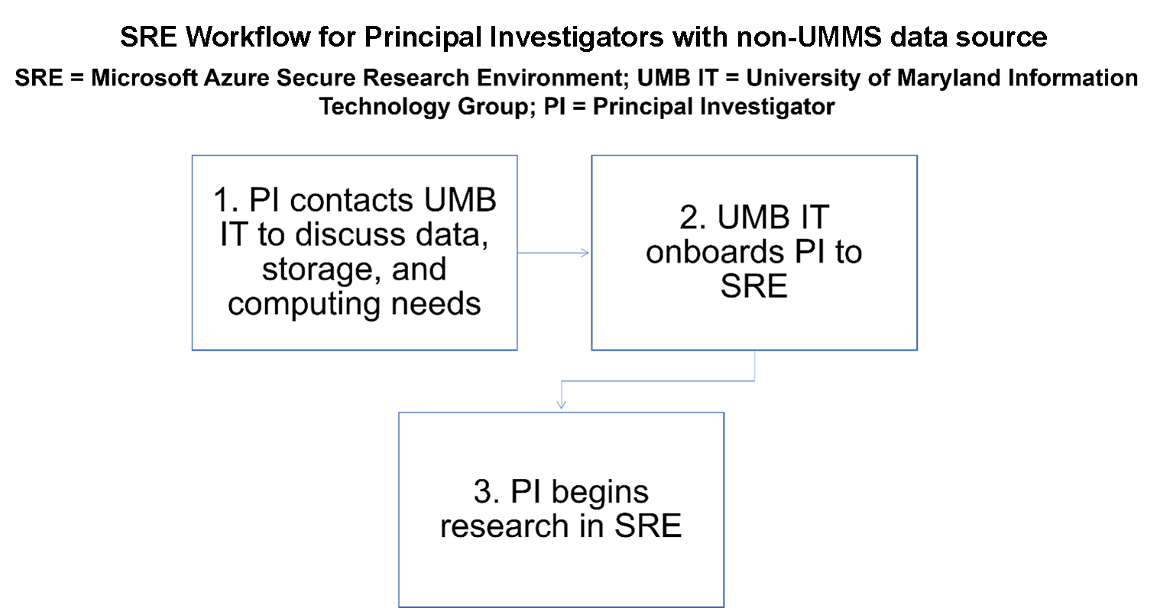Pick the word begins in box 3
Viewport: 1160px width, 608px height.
coord(599,492)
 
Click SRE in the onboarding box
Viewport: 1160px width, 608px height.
coord(754,286)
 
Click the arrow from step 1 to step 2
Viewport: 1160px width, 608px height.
coord(554,253)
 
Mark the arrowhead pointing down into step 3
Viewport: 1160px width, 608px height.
coord(562,404)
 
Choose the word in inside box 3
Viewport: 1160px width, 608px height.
coord(589,527)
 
